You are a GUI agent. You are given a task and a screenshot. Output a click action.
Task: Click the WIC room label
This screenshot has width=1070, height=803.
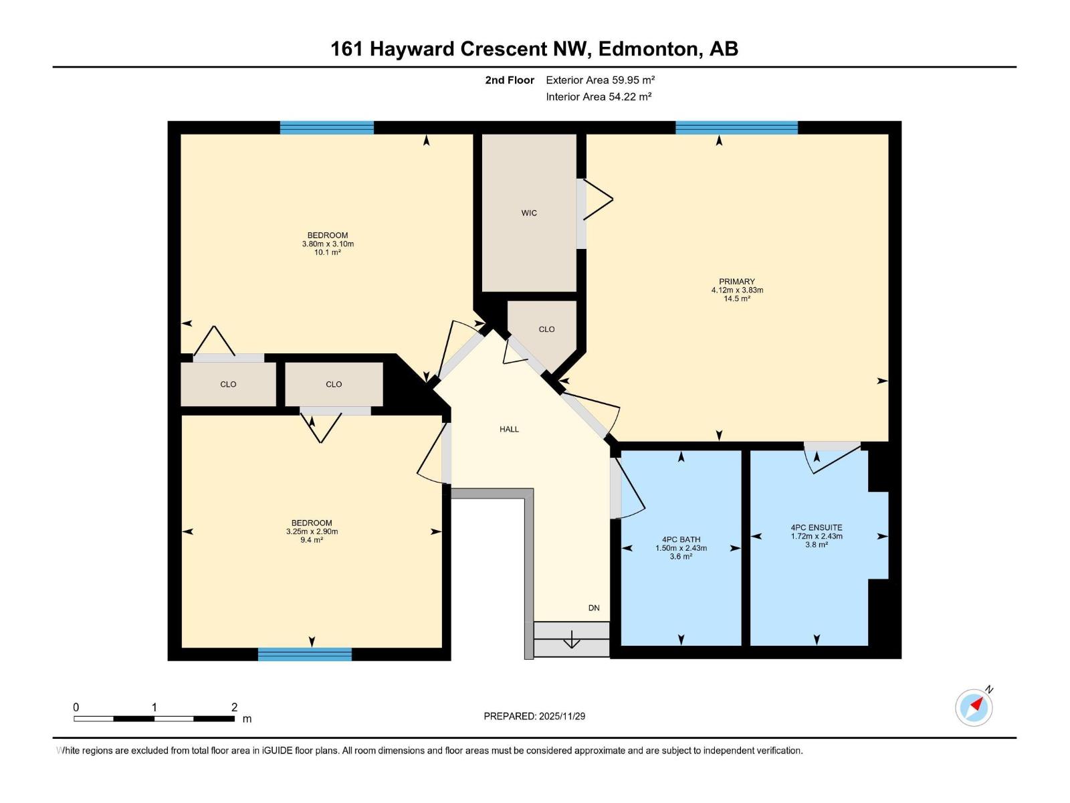529,213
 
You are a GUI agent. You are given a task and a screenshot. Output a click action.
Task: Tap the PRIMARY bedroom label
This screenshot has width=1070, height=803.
736,282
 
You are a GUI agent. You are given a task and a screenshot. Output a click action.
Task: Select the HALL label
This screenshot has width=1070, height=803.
509,429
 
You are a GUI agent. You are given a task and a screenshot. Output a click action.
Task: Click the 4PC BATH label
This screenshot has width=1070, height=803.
681,539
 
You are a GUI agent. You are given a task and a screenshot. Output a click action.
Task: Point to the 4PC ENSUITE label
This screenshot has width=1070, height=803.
816,527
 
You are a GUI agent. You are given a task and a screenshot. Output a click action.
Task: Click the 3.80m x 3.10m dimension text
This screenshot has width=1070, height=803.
328,244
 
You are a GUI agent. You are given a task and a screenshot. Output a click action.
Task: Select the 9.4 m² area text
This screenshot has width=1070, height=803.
312,540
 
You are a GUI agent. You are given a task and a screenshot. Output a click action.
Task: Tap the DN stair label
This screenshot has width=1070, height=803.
594,608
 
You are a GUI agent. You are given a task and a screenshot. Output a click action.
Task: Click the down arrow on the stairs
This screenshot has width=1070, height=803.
572,640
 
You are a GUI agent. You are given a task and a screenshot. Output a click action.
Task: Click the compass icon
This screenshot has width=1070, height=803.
974,707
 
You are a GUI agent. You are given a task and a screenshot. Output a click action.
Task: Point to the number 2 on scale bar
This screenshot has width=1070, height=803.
234,707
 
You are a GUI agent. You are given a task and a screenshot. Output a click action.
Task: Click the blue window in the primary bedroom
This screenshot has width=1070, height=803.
736,128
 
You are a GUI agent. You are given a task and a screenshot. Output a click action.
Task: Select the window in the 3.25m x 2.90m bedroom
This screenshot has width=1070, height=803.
305,654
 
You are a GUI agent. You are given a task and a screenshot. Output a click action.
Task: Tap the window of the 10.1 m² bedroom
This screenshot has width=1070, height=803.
326,128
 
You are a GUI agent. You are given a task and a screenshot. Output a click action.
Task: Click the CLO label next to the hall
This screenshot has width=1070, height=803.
546,329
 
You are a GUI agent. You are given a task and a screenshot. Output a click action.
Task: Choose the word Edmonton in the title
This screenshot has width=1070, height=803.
647,49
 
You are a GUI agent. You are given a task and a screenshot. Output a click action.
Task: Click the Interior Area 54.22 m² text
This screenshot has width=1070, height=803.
599,96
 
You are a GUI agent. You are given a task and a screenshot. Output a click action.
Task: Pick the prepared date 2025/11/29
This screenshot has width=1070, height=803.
562,716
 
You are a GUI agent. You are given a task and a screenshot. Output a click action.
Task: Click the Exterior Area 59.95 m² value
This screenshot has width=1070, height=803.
633,80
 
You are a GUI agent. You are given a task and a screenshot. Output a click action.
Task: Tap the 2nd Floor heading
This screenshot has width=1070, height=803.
510,80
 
